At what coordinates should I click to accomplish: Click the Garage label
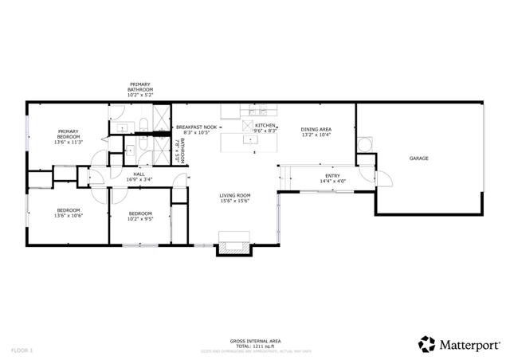[x=419, y=158]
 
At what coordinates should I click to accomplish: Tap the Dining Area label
[x=316, y=129]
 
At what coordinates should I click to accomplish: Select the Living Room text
[x=235, y=195]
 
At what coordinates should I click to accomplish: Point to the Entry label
[x=332, y=175]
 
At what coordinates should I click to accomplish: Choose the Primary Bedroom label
[x=67, y=134]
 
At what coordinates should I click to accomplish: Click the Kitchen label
[x=265, y=126]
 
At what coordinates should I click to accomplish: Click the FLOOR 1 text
[x=22, y=350]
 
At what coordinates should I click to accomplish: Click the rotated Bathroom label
[x=182, y=151]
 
